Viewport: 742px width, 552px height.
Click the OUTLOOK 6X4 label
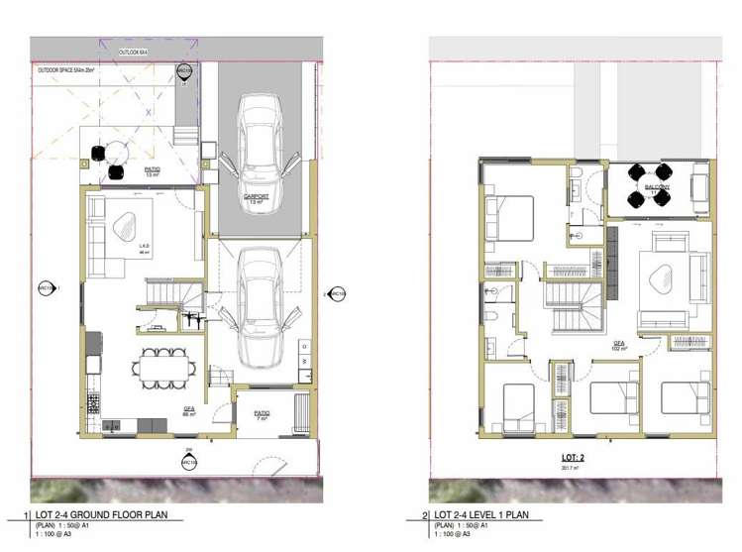[134, 52]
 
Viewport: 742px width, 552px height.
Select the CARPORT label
[258, 198]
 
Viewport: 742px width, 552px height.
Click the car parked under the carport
[258, 139]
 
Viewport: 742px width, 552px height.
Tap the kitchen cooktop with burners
[95, 404]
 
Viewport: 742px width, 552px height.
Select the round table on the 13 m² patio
[117, 152]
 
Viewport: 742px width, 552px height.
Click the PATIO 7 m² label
[263, 416]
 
